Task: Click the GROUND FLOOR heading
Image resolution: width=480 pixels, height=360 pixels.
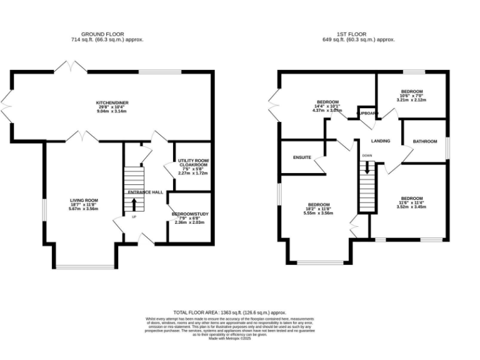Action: coord(103,34)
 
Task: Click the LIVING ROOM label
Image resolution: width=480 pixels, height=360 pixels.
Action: coord(83,200)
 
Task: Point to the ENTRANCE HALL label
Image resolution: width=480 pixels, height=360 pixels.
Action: coord(145,192)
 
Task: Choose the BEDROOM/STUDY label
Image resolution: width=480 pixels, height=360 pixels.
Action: coord(190,214)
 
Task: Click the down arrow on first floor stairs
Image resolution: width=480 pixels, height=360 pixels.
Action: coord(367,166)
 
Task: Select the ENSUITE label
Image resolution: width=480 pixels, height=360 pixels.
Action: coord(302,157)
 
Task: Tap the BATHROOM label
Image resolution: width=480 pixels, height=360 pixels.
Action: coord(424,142)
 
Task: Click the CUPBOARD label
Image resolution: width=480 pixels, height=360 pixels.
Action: coord(367,113)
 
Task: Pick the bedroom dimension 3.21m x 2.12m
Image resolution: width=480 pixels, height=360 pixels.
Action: coord(411,99)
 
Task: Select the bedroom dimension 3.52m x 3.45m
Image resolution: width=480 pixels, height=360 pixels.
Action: coord(411,206)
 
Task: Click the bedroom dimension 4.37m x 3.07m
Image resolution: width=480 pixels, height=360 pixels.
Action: coord(327,111)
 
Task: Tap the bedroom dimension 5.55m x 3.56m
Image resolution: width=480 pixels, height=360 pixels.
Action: coord(318,213)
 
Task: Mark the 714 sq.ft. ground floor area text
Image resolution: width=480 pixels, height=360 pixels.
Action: coord(103,39)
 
